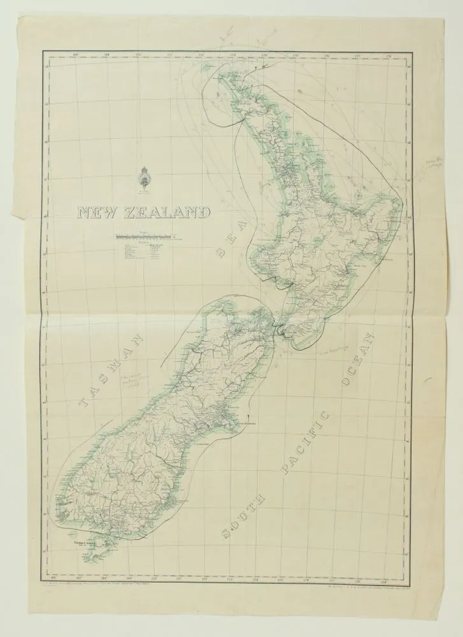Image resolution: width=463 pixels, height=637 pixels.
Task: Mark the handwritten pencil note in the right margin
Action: tap(435, 165)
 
